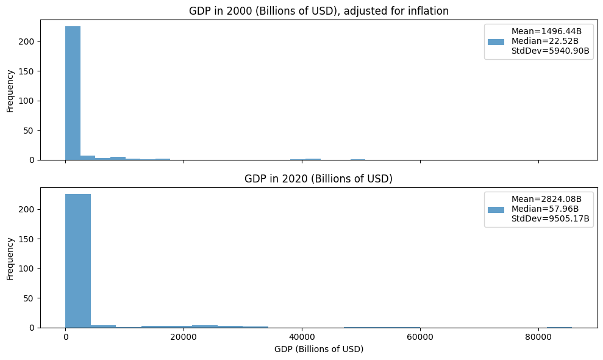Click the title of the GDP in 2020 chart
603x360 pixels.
[x=319, y=179]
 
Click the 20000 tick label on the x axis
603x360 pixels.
[x=184, y=337]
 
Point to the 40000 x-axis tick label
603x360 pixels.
[x=302, y=337]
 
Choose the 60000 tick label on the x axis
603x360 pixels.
[x=420, y=337]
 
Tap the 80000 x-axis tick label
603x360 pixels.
[x=538, y=337]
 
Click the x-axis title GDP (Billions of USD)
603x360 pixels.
[x=319, y=349]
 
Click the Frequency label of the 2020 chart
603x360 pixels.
[x=10, y=257]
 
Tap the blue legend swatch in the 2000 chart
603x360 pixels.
[x=496, y=41]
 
